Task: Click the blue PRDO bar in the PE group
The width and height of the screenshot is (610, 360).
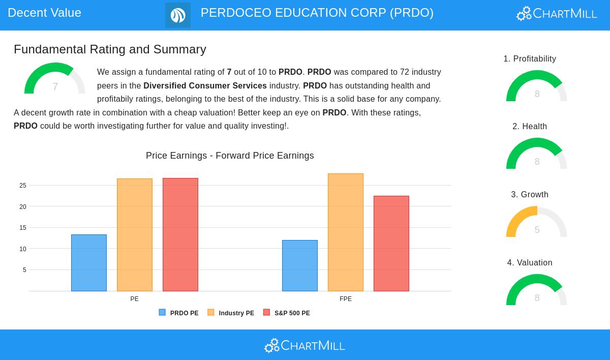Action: pyautogui.click(x=89, y=263)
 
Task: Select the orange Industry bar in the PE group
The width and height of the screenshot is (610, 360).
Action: pyautogui.click(x=135, y=235)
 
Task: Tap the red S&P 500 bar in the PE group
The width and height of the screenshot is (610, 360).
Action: pyautogui.click(x=180, y=234)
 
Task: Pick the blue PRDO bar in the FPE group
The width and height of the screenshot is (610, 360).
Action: pyautogui.click(x=300, y=265)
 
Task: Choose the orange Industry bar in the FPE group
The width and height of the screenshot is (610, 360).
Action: pyautogui.click(x=346, y=232)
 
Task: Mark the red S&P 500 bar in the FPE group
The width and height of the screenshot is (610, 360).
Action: pyautogui.click(x=391, y=244)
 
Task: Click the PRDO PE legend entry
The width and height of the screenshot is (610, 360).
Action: pyautogui.click(x=179, y=313)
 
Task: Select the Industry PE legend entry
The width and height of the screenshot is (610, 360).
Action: pyautogui.click(x=231, y=313)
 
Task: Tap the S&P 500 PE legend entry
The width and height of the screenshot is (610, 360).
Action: pyautogui.click(x=287, y=313)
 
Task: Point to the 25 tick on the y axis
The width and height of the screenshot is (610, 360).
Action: pyautogui.click(x=23, y=186)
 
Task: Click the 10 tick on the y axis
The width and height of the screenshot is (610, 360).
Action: pyautogui.click(x=23, y=249)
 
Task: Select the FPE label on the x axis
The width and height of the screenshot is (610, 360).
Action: pyautogui.click(x=346, y=299)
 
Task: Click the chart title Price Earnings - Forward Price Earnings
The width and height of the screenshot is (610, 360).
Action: pyautogui.click(x=230, y=156)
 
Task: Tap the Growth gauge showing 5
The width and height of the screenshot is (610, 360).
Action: pyautogui.click(x=537, y=223)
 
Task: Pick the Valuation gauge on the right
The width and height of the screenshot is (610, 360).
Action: pyautogui.click(x=537, y=291)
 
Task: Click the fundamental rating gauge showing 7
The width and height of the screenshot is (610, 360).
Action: pyautogui.click(x=55, y=79)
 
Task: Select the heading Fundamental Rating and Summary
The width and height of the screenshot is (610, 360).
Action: pyautogui.click(x=110, y=49)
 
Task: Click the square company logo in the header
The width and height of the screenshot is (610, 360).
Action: pyautogui.click(x=178, y=15)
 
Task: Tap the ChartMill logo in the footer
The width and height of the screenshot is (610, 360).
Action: pyautogui.click(x=304, y=346)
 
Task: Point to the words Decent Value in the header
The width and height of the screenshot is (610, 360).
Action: pyautogui.click(x=45, y=13)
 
